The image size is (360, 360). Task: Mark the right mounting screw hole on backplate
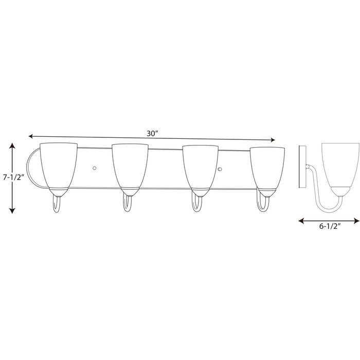coord(220,169)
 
